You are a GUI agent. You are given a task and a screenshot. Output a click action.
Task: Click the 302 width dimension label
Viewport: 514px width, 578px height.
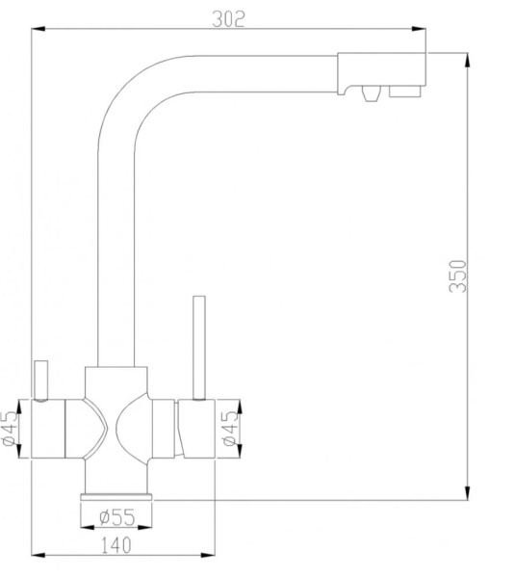(228, 19)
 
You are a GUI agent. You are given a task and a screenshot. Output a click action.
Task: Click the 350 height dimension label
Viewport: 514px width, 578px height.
(457, 276)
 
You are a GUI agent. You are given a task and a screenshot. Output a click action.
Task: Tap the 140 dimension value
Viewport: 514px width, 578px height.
(116, 545)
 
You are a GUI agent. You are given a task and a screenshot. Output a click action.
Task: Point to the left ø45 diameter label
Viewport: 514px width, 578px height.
(10, 429)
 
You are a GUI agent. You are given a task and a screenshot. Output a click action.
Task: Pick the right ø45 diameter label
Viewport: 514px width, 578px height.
(231, 428)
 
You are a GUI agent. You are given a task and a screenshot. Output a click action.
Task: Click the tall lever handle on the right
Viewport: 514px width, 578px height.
(199, 347)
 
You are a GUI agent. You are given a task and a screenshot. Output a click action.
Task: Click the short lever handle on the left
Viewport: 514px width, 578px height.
(41, 381)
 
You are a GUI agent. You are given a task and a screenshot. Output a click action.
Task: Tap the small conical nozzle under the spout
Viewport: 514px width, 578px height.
(371, 93)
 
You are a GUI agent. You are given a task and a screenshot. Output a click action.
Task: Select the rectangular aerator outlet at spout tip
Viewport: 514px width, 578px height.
(405, 92)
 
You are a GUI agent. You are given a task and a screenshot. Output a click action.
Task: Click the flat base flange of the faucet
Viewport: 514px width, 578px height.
(116, 497)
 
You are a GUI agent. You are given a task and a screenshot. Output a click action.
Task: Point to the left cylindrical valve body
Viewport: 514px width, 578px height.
(48, 429)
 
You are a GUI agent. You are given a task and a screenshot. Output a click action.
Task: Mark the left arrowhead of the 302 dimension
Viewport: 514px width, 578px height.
(39, 29)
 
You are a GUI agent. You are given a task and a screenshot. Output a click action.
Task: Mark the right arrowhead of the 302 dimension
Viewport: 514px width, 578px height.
(419, 29)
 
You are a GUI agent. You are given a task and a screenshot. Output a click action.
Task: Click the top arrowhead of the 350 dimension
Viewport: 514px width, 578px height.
(467, 60)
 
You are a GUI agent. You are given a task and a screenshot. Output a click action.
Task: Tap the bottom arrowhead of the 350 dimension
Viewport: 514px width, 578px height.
(467, 493)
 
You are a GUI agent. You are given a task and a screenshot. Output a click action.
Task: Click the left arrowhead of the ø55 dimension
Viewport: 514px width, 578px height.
(88, 528)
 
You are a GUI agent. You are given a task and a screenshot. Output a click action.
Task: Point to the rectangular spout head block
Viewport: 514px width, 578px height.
(382, 74)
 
